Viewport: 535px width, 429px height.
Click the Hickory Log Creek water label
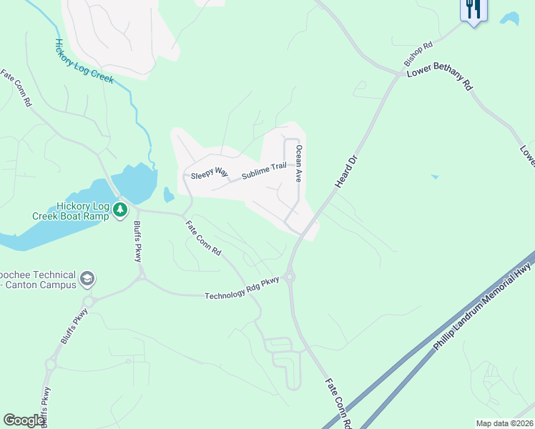tap(84, 61)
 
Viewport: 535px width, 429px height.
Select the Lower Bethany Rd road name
tap(440, 79)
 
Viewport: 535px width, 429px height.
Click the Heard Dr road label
tap(345, 172)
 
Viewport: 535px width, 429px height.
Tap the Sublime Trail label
tap(263, 171)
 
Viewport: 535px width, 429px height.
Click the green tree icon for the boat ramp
tap(121, 209)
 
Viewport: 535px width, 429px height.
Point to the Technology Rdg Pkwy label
tap(242, 290)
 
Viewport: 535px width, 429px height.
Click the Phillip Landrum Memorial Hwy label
tap(484, 307)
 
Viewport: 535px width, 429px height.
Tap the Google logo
tap(24, 420)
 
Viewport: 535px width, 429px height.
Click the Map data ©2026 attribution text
tap(504, 423)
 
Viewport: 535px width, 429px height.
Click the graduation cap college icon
tap(87, 279)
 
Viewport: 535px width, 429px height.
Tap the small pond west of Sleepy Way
tap(169, 194)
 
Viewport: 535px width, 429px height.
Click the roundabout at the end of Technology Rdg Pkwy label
tap(290, 277)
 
